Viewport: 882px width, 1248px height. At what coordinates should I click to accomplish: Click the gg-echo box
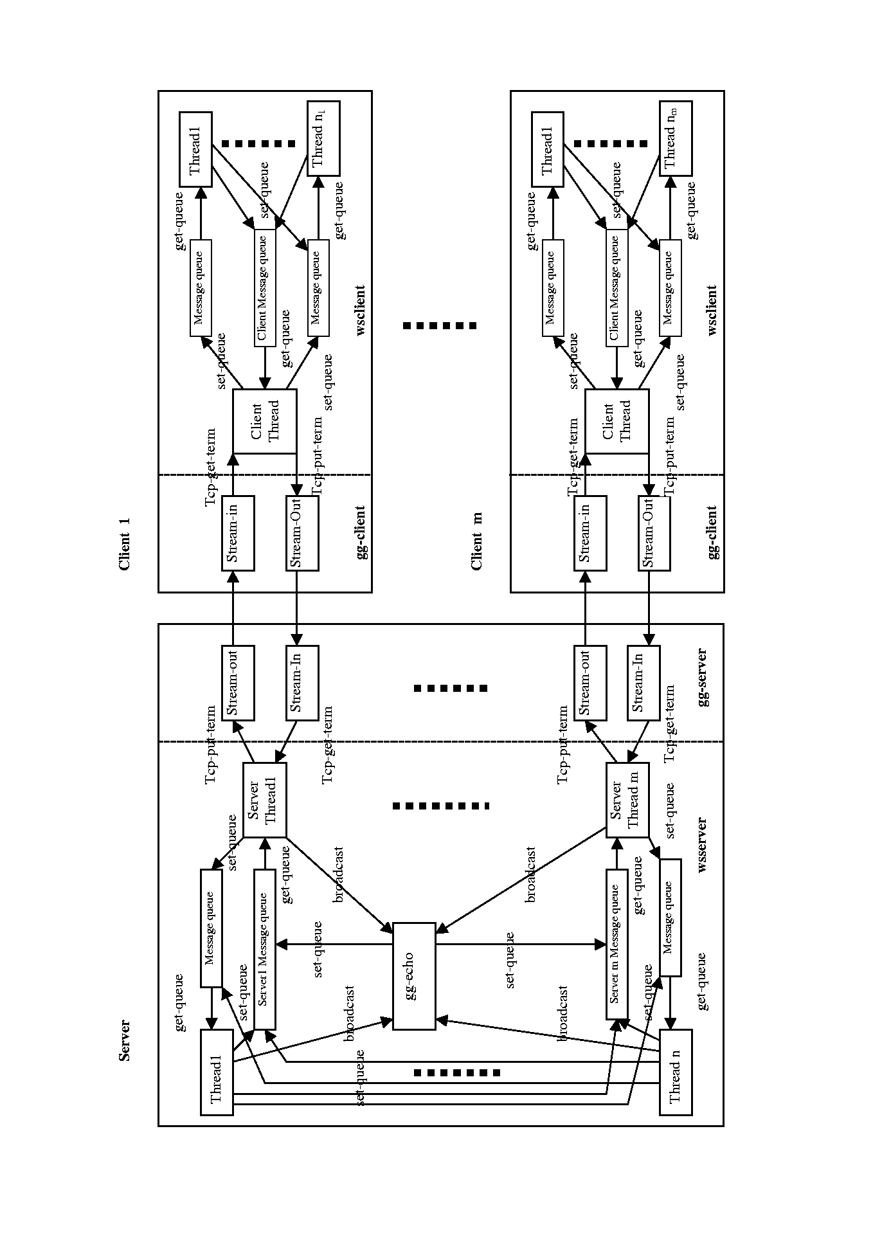click(413, 976)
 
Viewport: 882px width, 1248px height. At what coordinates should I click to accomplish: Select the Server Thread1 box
click(264, 800)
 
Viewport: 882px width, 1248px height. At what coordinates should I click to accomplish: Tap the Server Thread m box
click(627, 800)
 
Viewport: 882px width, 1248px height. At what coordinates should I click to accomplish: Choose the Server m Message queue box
click(616, 943)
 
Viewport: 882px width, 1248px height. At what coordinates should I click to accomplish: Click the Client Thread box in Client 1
click(264, 421)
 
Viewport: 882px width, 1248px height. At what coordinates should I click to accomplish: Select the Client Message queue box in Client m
click(616, 287)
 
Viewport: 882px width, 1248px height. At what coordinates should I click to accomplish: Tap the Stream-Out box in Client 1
click(302, 533)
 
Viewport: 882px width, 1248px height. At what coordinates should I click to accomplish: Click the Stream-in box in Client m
click(589, 533)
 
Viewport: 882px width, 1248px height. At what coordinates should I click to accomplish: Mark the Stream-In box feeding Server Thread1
click(302, 683)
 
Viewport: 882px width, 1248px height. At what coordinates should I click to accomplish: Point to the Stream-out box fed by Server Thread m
click(589, 683)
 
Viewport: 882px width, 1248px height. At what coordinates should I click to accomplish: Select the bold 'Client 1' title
click(125, 544)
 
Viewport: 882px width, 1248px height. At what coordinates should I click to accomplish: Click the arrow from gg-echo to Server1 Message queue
click(334, 945)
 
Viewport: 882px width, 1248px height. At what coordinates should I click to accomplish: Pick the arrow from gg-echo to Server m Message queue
click(521, 945)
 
